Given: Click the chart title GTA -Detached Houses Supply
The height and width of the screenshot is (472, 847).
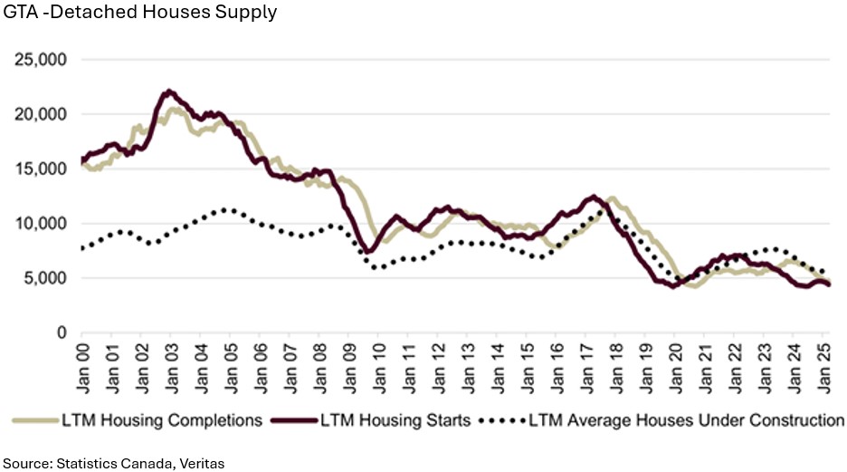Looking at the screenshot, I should coord(140,14).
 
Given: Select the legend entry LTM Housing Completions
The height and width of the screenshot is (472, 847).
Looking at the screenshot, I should coord(162,420).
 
